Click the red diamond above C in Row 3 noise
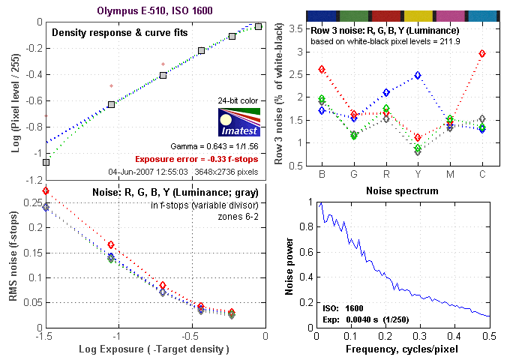[x=482, y=54]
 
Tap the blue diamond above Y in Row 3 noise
[x=418, y=75]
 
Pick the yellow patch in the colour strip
[x=417, y=15]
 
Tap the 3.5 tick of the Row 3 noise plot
[x=297, y=28]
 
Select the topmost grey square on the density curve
[x=258, y=26]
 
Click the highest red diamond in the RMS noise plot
[x=46, y=191]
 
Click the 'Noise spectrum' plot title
[x=401, y=191]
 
